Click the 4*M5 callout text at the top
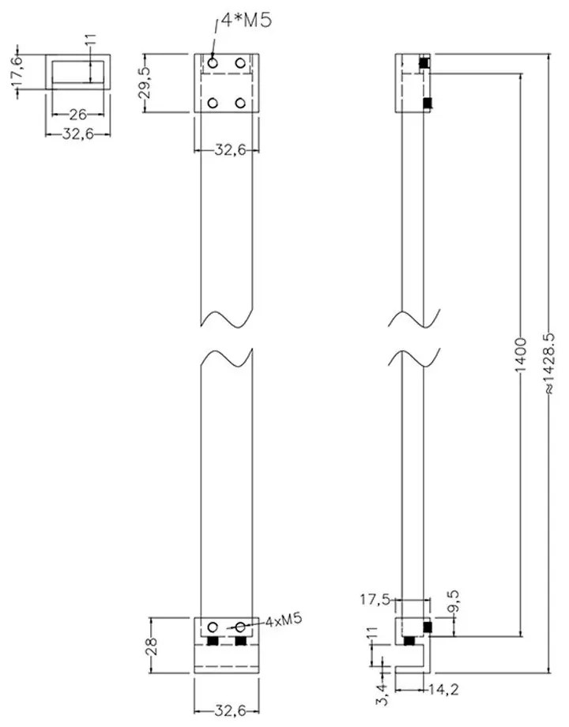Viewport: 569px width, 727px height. [246, 21]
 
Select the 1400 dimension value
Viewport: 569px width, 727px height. [521, 356]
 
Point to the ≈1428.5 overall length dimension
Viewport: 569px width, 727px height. [548, 364]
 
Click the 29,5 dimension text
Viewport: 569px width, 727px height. [145, 83]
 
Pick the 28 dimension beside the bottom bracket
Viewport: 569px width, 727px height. [152, 646]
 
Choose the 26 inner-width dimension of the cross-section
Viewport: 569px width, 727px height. [78, 114]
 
